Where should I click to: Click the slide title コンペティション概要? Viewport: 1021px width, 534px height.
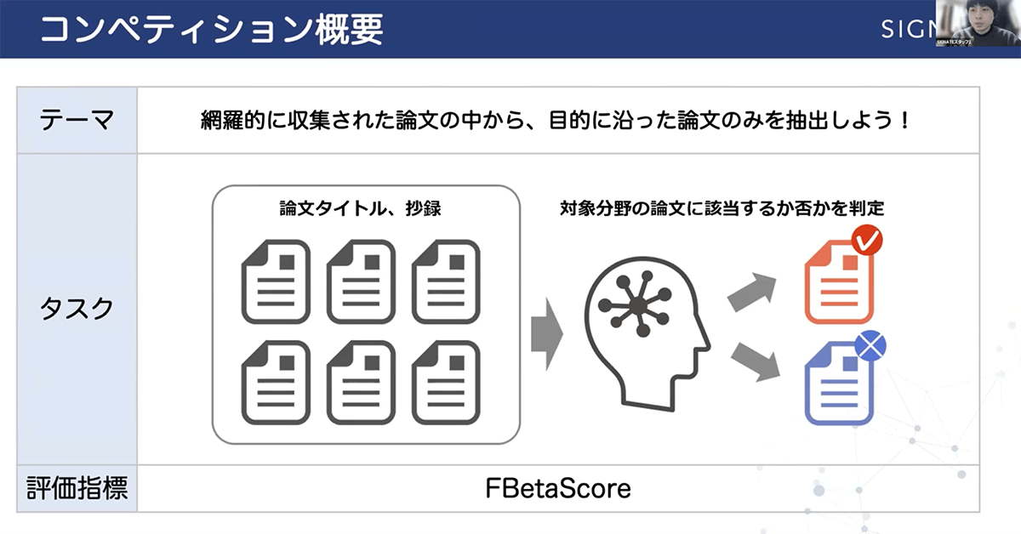211,28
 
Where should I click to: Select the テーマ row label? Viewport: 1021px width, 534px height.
77,120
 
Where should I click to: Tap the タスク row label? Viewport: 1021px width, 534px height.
77,309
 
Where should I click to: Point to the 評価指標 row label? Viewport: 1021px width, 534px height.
77,489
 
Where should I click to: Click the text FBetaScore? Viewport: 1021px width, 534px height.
558,489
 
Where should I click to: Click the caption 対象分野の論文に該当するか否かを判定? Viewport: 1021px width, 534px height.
722,208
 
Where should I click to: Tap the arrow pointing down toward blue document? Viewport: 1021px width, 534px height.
756,361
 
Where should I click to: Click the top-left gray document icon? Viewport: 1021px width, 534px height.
275,281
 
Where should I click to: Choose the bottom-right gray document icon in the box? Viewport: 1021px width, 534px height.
446,383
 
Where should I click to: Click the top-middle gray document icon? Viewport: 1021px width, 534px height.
361,281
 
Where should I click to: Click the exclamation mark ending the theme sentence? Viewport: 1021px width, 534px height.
904,120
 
